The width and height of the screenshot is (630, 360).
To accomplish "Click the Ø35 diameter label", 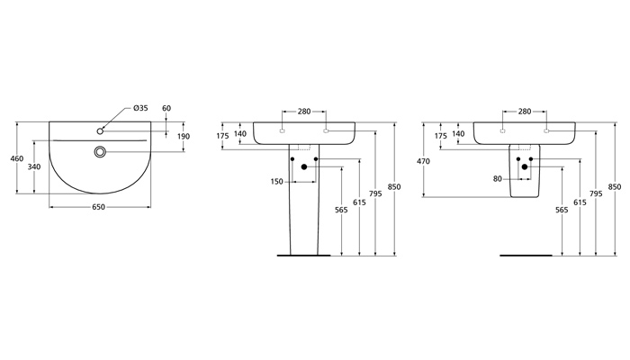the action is pyautogui.click(x=140, y=108).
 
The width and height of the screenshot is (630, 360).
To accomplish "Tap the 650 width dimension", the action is pyautogui.click(x=98, y=207).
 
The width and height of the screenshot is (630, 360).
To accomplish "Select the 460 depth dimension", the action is pyautogui.click(x=17, y=158).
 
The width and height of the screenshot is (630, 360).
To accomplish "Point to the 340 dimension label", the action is pyautogui.click(x=34, y=166).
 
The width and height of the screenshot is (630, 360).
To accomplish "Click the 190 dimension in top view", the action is pyautogui.click(x=184, y=136).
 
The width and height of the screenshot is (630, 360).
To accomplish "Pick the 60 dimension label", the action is pyautogui.click(x=166, y=108).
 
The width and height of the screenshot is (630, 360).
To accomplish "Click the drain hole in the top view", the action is pyautogui.click(x=100, y=151).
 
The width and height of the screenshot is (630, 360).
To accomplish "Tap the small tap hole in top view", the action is pyautogui.click(x=100, y=131).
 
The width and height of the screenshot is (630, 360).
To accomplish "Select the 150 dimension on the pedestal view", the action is pyautogui.click(x=277, y=182).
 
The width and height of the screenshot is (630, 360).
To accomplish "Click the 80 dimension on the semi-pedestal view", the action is pyautogui.click(x=498, y=179).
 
